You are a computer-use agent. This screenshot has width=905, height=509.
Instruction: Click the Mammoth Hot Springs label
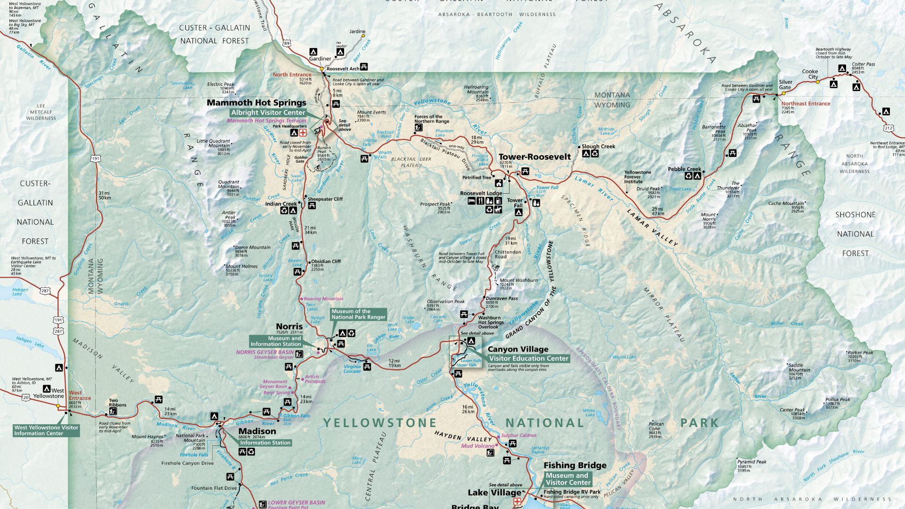256,103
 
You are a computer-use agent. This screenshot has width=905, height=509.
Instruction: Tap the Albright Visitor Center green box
268,113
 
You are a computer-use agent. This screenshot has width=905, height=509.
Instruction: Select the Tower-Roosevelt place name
535,157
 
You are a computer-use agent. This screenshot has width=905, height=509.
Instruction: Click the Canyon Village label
518,349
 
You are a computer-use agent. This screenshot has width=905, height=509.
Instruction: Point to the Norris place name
289,326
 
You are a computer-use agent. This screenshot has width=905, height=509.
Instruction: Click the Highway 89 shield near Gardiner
287,43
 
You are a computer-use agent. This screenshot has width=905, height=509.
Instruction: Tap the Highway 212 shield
889,128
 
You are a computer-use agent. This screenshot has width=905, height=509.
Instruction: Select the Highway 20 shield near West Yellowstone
25,398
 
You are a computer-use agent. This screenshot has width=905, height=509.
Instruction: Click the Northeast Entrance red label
806,104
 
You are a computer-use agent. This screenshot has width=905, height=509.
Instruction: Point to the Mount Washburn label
518,280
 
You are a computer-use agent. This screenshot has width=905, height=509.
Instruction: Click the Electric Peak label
221,84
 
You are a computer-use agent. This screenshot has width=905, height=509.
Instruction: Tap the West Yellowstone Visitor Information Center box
46,430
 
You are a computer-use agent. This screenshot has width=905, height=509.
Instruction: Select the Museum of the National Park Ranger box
358,314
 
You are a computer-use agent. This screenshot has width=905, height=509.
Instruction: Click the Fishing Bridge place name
575,466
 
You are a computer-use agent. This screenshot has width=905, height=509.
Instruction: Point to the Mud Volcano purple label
478,446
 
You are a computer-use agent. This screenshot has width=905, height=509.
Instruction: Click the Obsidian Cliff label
326,262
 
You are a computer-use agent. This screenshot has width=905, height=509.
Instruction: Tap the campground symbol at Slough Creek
586,154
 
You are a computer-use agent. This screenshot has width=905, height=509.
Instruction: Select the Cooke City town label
810,74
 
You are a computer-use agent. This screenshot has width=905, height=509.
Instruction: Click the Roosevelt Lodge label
481,194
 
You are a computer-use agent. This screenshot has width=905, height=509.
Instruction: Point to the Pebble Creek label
684,169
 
